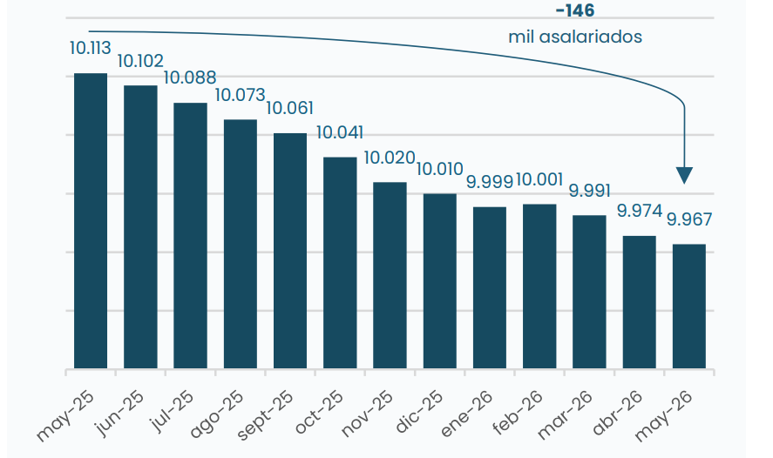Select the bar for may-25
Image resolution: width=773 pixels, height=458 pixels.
91,220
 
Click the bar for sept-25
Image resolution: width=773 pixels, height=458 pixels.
290,251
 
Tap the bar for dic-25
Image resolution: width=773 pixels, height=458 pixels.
440,281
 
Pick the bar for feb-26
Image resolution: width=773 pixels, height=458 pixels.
539,286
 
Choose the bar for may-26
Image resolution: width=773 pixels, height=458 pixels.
689,306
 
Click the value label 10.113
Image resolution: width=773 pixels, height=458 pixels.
91,48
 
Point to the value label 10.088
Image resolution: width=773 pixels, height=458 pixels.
190,77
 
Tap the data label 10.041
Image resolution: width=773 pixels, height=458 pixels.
340,132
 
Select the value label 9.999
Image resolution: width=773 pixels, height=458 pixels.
490,181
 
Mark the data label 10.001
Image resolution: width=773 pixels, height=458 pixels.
539,179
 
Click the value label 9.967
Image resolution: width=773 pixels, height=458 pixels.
689,219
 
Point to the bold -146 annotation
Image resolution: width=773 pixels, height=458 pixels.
575,10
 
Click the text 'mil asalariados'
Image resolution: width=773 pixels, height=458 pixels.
575,37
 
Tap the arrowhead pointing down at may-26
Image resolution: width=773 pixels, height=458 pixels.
684,175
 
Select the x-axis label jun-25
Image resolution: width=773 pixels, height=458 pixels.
121,413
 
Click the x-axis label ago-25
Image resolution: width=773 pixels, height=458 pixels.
217,414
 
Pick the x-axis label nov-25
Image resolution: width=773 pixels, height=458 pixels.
367,414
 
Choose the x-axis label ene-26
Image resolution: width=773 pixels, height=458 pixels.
467,414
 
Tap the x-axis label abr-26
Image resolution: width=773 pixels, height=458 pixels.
618,413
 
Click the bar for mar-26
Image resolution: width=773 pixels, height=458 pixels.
590,292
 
